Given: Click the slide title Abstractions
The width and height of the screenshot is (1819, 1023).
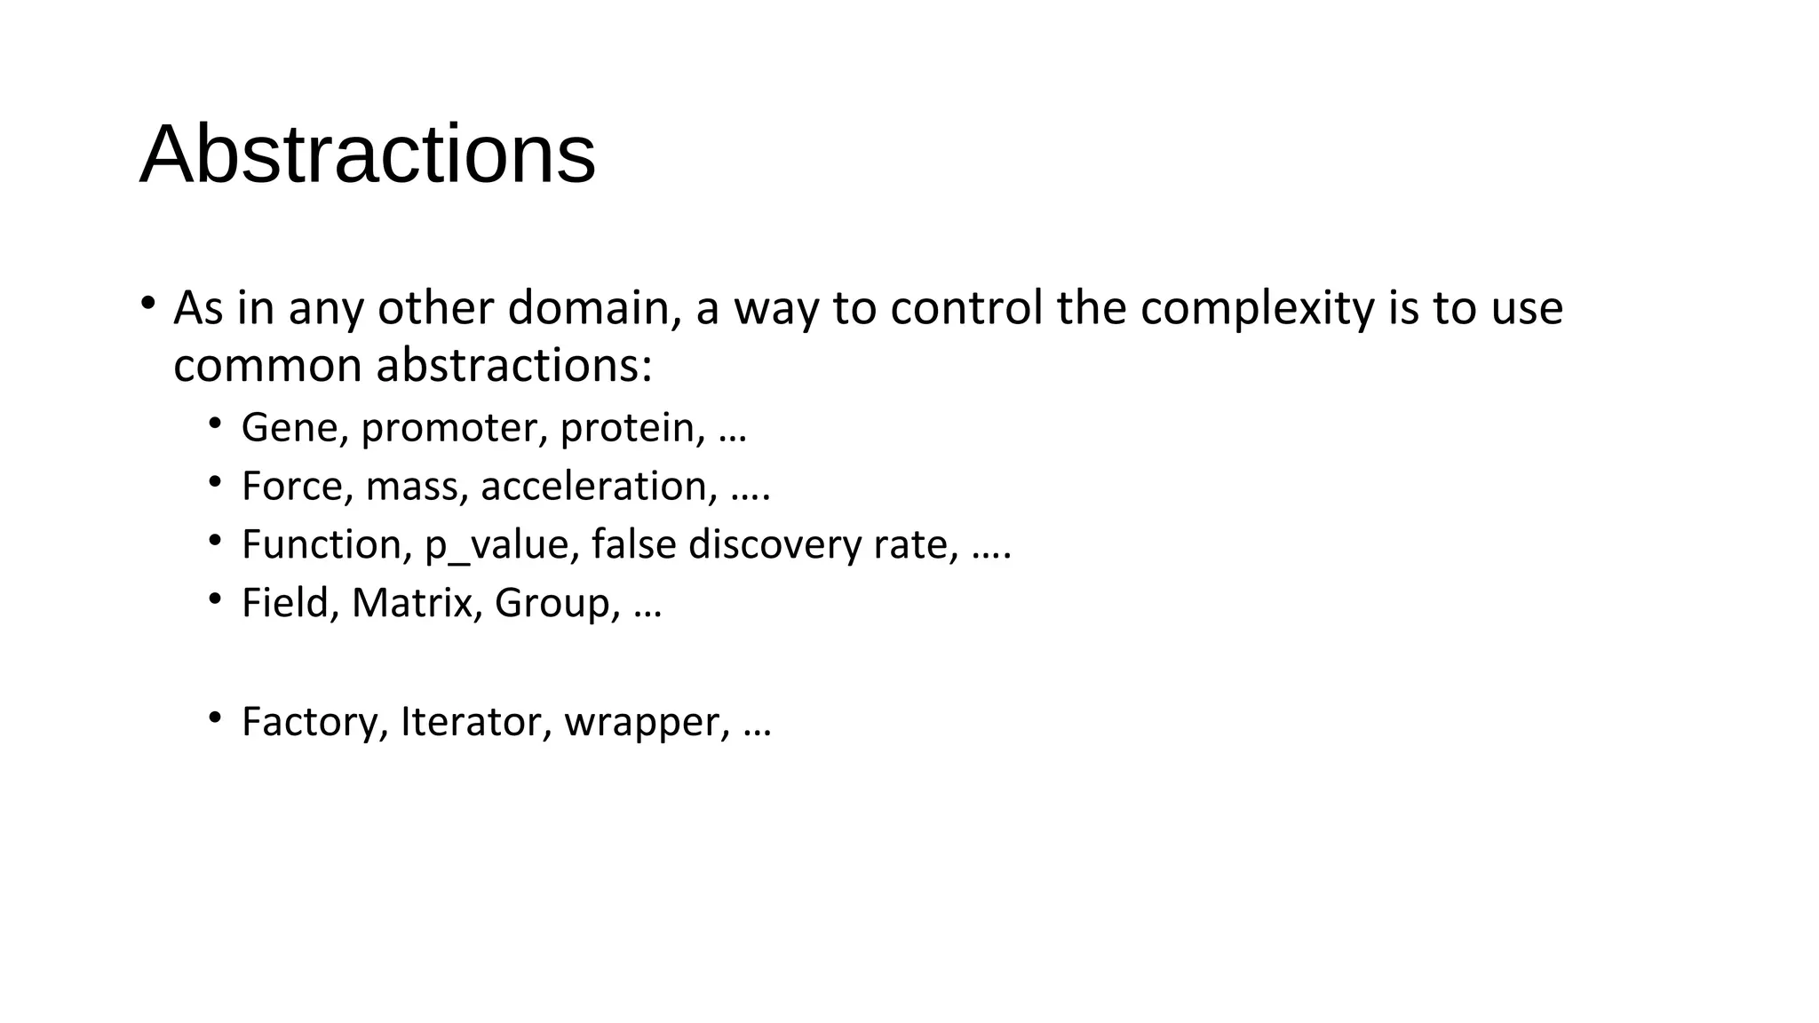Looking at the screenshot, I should point(367,155).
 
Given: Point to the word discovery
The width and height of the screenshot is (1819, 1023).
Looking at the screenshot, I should point(774,545).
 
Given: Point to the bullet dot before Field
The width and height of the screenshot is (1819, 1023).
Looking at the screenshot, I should point(215,599).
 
